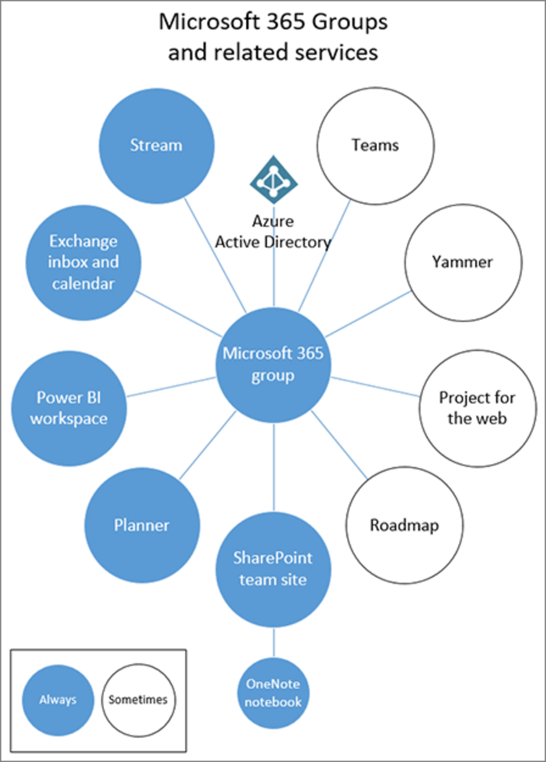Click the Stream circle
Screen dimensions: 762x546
[x=156, y=146]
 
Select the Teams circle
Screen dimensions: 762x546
[x=375, y=146]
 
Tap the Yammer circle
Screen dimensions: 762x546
[x=463, y=263]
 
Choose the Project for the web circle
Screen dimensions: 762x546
[x=477, y=408]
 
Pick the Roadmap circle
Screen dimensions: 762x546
[x=404, y=525]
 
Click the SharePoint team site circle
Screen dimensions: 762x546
[x=273, y=569]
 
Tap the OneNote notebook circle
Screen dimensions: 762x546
[x=273, y=693]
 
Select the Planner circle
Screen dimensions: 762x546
[x=142, y=525]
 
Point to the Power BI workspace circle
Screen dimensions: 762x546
[x=69, y=408]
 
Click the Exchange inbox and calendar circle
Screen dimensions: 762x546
[x=83, y=263]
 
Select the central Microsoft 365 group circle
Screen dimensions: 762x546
[x=273, y=365]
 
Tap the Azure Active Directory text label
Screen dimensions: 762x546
[x=273, y=232]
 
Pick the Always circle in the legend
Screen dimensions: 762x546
[x=58, y=700]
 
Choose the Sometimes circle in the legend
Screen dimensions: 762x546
[x=138, y=700]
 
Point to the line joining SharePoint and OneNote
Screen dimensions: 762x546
[x=274, y=642]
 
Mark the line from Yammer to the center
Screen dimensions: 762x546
[x=368, y=314]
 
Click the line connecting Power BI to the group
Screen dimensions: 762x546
[x=171, y=387]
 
